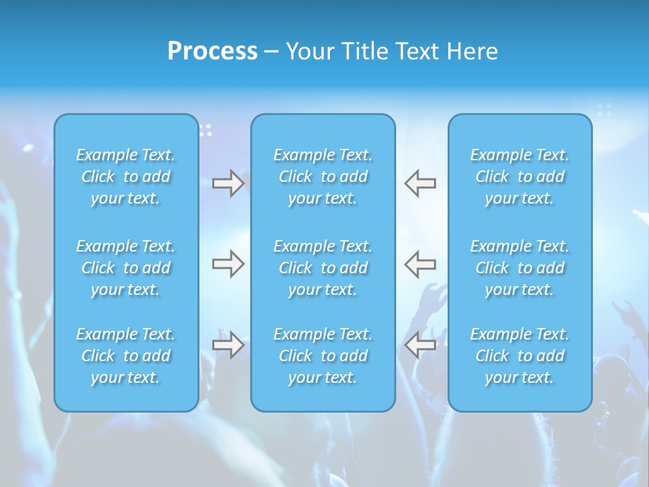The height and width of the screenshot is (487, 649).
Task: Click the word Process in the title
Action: coord(212,51)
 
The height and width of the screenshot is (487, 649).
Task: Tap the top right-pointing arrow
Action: coord(228,183)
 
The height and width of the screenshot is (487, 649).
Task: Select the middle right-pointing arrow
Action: coord(228,264)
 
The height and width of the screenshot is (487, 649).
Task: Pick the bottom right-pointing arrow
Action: coord(228,345)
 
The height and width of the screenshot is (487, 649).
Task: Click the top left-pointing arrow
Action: coord(420,183)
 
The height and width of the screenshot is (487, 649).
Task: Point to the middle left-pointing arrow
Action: coord(420,264)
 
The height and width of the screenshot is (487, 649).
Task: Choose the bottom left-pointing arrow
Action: coord(420,345)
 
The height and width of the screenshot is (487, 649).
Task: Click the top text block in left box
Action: coord(126,177)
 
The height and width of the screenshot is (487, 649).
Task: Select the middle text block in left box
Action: coord(126,268)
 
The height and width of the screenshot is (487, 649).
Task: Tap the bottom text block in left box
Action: coord(126,356)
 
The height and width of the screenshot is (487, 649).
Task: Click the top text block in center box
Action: coord(322,177)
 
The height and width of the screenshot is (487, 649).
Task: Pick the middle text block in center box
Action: coord(322,268)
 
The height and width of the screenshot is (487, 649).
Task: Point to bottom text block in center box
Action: coord(322,356)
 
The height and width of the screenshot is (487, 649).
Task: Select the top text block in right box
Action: coord(519,177)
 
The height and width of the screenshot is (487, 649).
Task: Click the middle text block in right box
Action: coord(519,268)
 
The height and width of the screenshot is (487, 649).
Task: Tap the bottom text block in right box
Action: coord(519,356)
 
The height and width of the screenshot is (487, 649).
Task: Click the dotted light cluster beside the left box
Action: coord(206,129)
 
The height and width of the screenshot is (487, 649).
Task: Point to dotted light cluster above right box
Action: coord(604,110)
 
